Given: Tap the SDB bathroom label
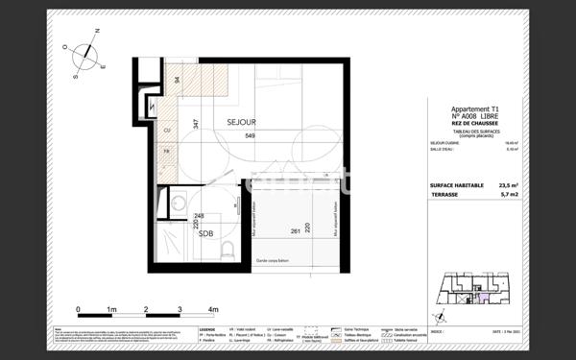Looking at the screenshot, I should tap(206, 232).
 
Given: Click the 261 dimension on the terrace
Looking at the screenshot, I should tap(296, 231).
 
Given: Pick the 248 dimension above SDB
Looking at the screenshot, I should tap(199, 216).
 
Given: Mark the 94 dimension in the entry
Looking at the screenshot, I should tap(177, 81).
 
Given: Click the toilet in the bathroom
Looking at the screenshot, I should tap(226, 249).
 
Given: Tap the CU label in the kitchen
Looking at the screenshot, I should tap(166, 130).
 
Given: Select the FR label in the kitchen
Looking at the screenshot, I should tap(166, 151).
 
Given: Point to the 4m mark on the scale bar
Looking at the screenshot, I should tap(213, 310).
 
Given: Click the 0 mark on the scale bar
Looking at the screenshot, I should tap(78, 310).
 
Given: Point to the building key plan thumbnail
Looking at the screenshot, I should tap(471, 290).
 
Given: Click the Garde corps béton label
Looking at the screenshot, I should tap(276, 261).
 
